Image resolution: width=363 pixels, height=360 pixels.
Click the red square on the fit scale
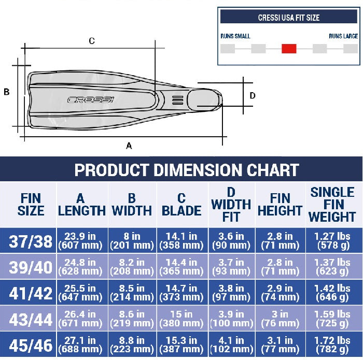[289, 49]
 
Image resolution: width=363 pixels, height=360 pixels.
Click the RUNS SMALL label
[235, 36]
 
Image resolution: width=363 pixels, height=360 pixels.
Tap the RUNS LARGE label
[343, 36]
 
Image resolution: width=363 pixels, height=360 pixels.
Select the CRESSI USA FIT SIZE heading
[289, 18]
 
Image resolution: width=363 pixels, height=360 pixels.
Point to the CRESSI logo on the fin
[91, 99]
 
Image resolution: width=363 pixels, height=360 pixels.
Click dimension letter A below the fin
[129, 146]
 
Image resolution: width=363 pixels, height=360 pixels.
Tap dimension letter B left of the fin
[6, 92]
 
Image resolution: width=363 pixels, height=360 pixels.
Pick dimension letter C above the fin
[92, 41]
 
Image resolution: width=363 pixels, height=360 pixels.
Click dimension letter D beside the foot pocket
[253, 95]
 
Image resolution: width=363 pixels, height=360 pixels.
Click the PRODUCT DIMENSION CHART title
[187, 170]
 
